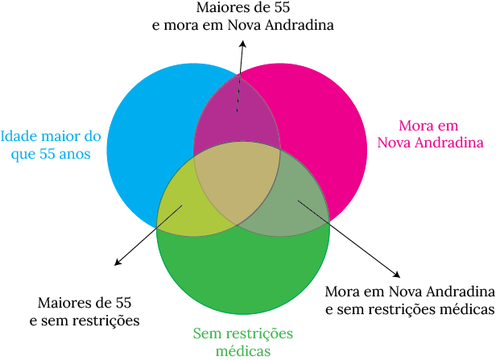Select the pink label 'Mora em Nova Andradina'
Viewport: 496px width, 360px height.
[x=430, y=134]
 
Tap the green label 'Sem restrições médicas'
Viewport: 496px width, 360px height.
[x=242, y=342]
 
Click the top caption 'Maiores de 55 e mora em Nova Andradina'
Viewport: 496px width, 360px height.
[x=242, y=17]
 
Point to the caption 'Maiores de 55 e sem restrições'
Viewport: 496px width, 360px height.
[x=85, y=312]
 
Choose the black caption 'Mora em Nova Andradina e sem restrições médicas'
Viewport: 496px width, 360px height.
[x=408, y=300]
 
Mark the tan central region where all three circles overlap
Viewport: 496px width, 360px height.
[x=238, y=181]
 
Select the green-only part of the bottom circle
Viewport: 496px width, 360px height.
[x=242, y=274]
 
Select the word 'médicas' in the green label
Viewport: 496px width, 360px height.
[x=242, y=351]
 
